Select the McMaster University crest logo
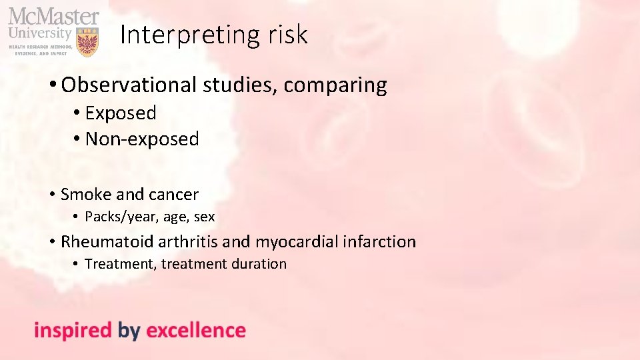tap(87, 42)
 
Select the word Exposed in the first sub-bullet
tap(121, 113)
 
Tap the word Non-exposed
tap(142, 139)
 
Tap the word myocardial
tap(297, 242)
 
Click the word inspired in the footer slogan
tap(73, 331)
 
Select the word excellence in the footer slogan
tap(196, 330)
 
